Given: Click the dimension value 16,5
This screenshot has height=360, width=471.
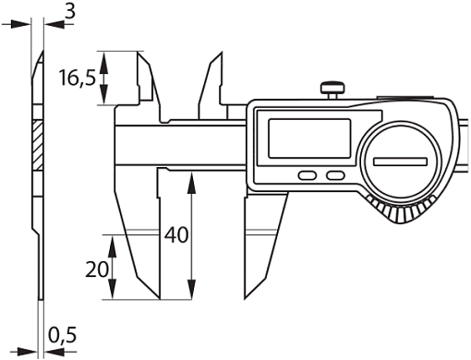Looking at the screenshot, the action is pos(78,78).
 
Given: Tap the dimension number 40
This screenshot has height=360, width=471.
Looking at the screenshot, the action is pos(176,235).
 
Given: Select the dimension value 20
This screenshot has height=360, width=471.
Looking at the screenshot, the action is pos(96,270).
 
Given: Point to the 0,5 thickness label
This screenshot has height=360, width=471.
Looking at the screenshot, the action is pos(63,335).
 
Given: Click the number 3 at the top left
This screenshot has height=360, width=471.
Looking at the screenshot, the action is pos(70,12).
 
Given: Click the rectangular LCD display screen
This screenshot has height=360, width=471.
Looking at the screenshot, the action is pos(309,138).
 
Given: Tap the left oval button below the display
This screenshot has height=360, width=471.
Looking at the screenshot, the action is pos(308,175).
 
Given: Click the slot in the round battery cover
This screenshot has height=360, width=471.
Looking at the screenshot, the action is pos(400,162).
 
